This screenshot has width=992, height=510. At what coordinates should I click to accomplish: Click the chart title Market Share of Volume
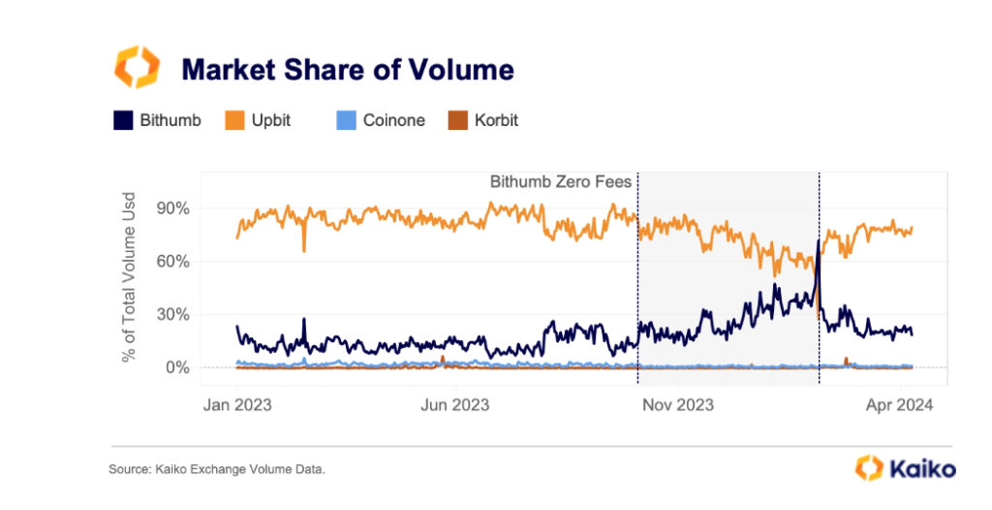click(348, 70)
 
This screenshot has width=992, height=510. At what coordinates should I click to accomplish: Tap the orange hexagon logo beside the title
click(137, 67)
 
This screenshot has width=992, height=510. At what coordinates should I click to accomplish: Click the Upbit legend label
click(271, 120)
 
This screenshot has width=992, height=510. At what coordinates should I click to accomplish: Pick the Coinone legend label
click(393, 120)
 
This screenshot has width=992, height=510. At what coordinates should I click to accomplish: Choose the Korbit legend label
click(496, 120)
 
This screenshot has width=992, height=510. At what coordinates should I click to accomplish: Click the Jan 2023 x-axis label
click(237, 404)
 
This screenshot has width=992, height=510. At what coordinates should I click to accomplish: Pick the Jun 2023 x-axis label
click(456, 404)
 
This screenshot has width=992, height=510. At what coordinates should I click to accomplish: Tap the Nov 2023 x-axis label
click(681, 404)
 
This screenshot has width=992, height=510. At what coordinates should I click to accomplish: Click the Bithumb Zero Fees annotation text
click(560, 181)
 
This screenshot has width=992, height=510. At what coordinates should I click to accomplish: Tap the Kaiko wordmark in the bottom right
click(920, 468)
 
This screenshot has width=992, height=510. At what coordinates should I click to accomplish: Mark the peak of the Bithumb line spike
click(819, 239)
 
